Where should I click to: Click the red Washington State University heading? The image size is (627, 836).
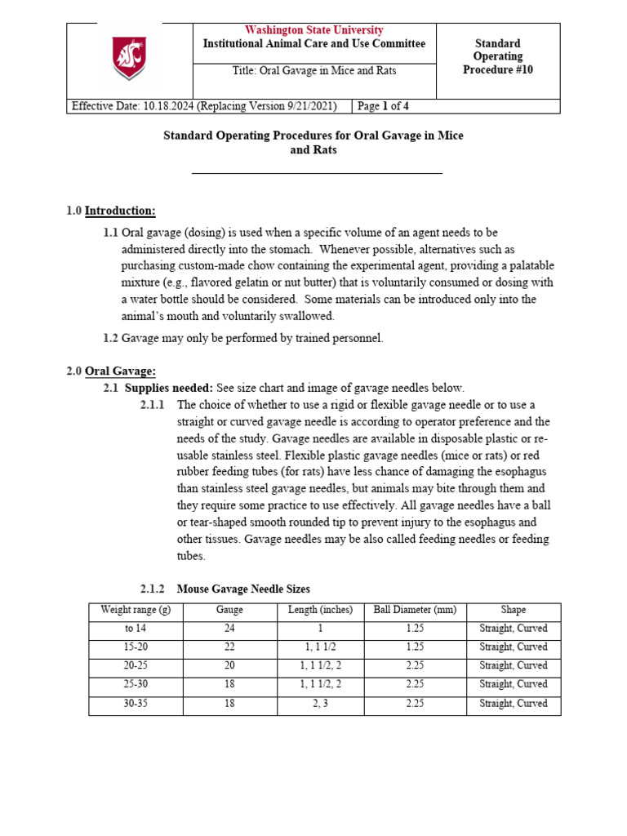[x=314, y=30]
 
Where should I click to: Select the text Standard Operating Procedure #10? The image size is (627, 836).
[x=497, y=56]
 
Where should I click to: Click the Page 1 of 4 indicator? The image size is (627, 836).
[x=389, y=106]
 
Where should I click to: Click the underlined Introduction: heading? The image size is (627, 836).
[x=120, y=211]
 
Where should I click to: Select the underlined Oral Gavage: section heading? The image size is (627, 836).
[x=120, y=371]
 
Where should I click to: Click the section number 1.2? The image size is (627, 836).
[x=110, y=338]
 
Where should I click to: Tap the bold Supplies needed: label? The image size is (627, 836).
[x=168, y=388]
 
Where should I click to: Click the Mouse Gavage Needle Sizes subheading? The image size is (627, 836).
[x=243, y=589]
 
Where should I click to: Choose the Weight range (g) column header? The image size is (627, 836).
[x=136, y=610]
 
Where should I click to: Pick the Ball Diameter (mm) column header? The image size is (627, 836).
[x=415, y=610]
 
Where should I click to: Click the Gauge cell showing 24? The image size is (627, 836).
[x=229, y=629]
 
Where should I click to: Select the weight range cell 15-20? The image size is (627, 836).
[x=136, y=647]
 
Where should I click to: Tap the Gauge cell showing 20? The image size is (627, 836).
[x=229, y=666]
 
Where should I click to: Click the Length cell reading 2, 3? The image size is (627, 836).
[x=314, y=704]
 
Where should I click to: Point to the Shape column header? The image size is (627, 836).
[x=514, y=610]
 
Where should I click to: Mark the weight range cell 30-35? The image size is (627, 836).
[x=136, y=704]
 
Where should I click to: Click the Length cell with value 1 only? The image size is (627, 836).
[x=314, y=629]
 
